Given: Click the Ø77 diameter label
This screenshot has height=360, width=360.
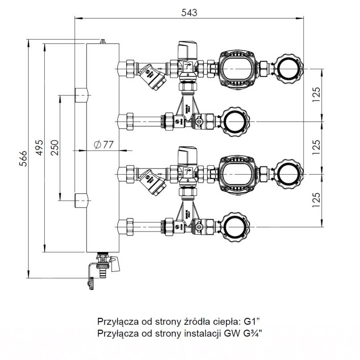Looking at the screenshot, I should pyautogui.click(x=103, y=145).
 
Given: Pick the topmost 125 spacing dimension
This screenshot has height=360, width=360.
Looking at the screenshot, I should pyautogui.click(x=316, y=95).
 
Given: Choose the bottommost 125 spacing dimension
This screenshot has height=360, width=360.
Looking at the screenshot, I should pyautogui.click(x=316, y=200).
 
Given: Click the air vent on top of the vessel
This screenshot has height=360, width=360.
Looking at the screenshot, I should pyautogui.click(x=103, y=41).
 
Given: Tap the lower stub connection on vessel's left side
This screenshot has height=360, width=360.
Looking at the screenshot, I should pyautogui.click(x=81, y=200).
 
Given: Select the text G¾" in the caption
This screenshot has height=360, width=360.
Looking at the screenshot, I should pyautogui.click(x=253, y=333).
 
